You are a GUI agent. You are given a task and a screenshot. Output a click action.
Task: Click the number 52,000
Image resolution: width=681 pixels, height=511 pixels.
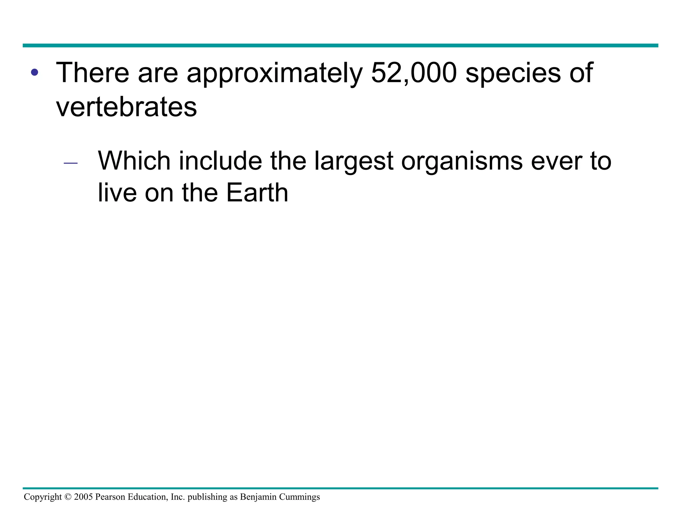[x=414, y=73]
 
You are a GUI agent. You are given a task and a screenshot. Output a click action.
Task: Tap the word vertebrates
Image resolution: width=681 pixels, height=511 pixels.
[x=126, y=107]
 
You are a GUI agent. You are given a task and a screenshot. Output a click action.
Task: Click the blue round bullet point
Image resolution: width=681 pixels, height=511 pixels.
[x=34, y=72]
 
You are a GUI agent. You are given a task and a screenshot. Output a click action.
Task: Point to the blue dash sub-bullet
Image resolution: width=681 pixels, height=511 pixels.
[x=70, y=163]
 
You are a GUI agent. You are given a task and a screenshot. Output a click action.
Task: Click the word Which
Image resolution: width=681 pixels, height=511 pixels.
[x=134, y=161]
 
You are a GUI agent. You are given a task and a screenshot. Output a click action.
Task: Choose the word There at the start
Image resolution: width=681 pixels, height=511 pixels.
[x=92, y=73]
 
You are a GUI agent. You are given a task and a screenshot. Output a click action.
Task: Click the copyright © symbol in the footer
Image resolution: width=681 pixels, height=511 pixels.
[x=68, y=497]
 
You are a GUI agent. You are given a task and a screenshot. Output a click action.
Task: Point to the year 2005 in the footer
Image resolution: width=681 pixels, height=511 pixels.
[x=83, y=497]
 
